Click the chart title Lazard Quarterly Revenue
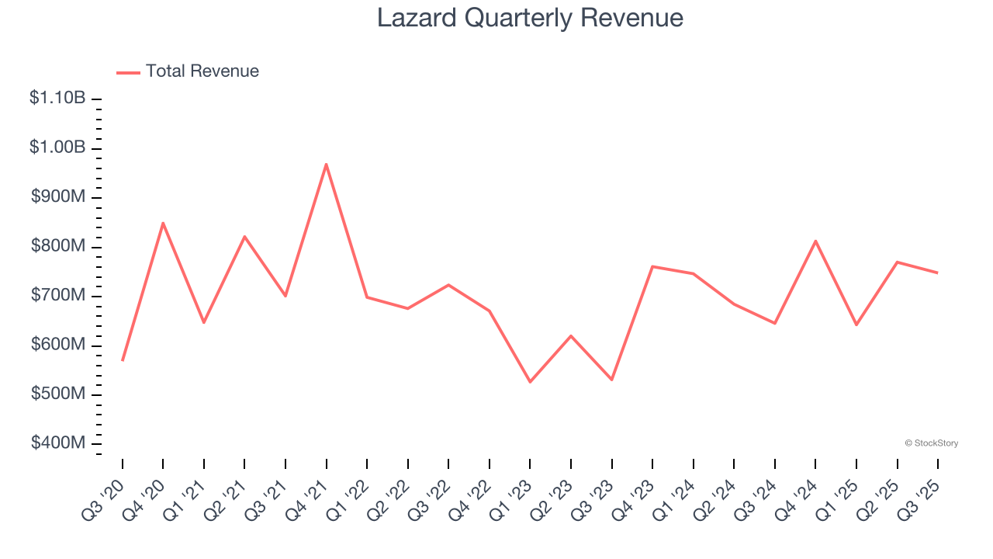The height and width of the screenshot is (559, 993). (x=530, y=18)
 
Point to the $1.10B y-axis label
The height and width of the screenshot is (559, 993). (x=58, y=99)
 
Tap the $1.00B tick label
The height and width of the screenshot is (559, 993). (x=58, y=148)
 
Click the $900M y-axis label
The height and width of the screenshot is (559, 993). (x=58, y=197)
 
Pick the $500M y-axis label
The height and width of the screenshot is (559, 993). (x=58, y=394)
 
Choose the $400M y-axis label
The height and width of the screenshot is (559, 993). (x=58, y=443)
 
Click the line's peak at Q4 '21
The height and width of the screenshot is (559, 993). (x=327, y=164)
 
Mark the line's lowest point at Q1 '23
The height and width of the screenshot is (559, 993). (x=530, y=382)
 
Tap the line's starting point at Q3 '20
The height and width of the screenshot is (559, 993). (x=123, y=360)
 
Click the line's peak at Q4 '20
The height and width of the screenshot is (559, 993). (x=163, y=223)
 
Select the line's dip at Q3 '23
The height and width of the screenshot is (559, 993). (x=611, y=380)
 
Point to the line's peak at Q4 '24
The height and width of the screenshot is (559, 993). (x=815, y=241)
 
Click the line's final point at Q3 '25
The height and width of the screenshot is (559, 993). (x=937, y=273)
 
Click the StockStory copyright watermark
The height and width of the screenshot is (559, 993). (x=931, y=443)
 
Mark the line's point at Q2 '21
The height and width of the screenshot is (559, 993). (x=244, y=237)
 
